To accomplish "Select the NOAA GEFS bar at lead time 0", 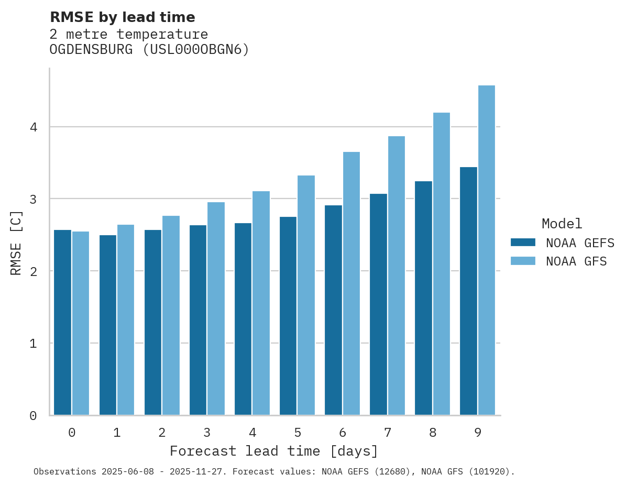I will click(x=62, y=322).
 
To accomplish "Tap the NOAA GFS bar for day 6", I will click(x=352, y=283).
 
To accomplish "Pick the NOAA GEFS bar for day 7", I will click(x=378, y=304).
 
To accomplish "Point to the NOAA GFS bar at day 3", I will click(x=216, y=308).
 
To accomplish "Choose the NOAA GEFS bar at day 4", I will click(x=243, y=319).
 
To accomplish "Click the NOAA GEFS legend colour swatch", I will click(x=523, y=242).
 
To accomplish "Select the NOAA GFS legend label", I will click(x=576, y=261).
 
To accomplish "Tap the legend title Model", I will click(x=562, y=224).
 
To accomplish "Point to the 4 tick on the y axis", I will click(x=33, y=127).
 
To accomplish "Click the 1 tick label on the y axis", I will click(x=33, y=344).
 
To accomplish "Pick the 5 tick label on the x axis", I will click(x=298, y=433).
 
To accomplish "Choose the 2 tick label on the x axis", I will click(x=162, y=433).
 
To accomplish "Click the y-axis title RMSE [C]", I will click(x=16, y=242).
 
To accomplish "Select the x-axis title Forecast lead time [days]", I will click(x=274, y=451).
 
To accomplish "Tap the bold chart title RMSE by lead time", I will click(x=123, y=17).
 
